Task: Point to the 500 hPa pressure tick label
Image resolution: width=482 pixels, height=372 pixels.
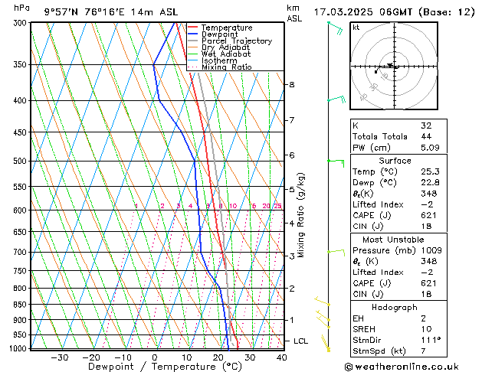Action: [21, 162]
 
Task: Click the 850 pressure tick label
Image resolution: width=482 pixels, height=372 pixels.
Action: [21, 305]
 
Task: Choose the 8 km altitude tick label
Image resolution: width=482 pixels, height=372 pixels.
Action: [292, 84]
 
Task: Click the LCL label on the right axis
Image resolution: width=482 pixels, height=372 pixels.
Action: [301, 341]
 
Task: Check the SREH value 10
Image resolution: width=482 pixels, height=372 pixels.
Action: [427, 329]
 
